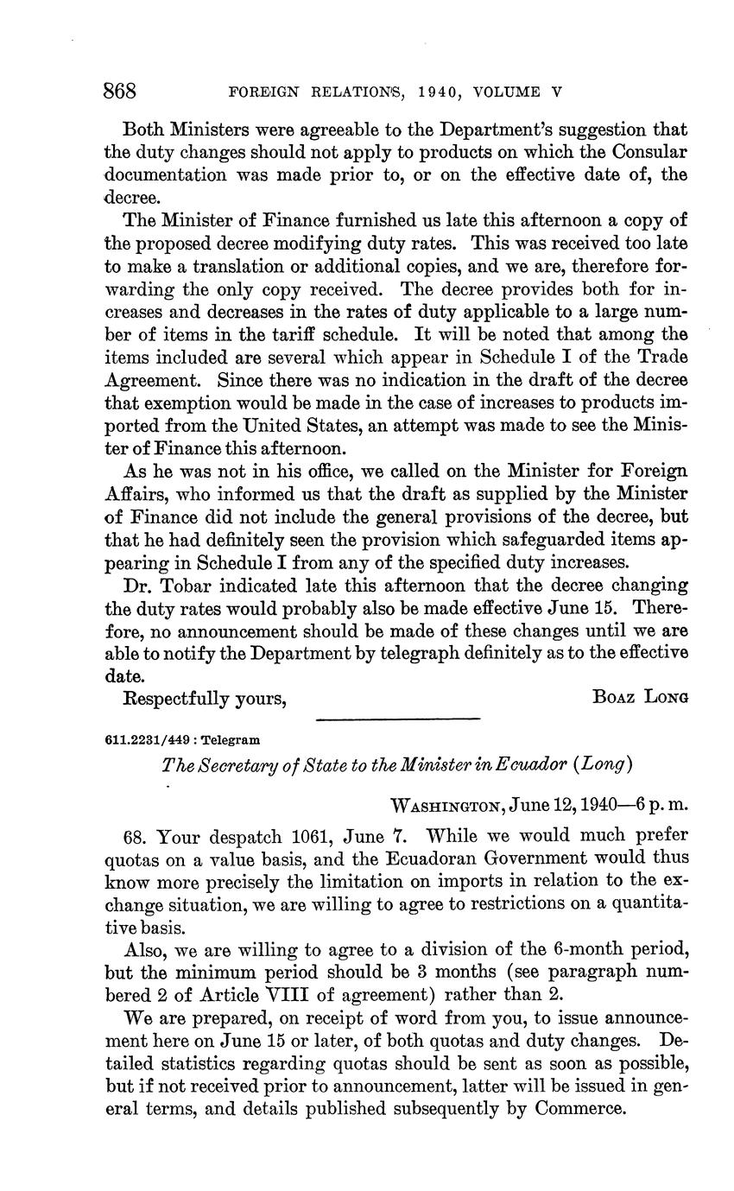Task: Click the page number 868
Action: [x=121, y=91]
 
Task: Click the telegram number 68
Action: [x=137, y=836]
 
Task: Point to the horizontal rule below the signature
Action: [x=398, y=718]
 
